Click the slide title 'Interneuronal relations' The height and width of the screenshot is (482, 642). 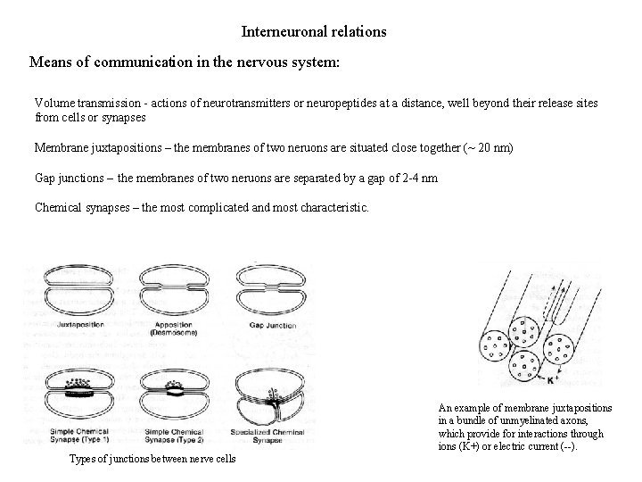(314, 31)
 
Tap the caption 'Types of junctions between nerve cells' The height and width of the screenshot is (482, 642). (152, 459)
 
